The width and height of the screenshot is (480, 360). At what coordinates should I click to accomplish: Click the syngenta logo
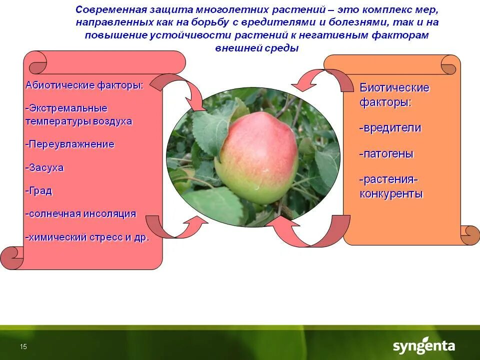[x=423, y=346]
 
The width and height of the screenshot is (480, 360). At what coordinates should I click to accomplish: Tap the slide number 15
[x=23, y=347]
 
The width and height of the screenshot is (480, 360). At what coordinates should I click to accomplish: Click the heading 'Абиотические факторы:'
[x=84, y=85]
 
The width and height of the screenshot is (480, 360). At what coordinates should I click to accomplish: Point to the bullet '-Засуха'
[x=44, y=167]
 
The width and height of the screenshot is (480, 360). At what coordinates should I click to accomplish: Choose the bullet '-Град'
[x=38, y=191]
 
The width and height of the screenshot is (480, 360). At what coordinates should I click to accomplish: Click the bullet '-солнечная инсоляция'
[x=80, y=214]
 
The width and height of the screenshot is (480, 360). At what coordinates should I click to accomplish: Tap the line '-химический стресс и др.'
[x=87, y=237]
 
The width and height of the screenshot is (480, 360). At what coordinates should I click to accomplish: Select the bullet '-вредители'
[x=390, y=128]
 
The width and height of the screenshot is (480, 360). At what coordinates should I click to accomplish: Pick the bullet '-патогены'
[x=386, y=154]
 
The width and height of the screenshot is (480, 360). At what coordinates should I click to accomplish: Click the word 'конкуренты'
[x=391, y=194]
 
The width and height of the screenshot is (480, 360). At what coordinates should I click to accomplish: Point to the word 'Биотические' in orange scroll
[x=394, y=88]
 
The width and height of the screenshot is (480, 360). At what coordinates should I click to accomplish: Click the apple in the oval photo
[x=255, y=157]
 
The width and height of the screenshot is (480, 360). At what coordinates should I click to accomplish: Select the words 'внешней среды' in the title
[x=256, y=48]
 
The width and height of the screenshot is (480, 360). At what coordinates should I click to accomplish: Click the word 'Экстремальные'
[x=67, y=108]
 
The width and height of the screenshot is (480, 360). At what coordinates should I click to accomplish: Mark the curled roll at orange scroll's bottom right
[x=470, y=235]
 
